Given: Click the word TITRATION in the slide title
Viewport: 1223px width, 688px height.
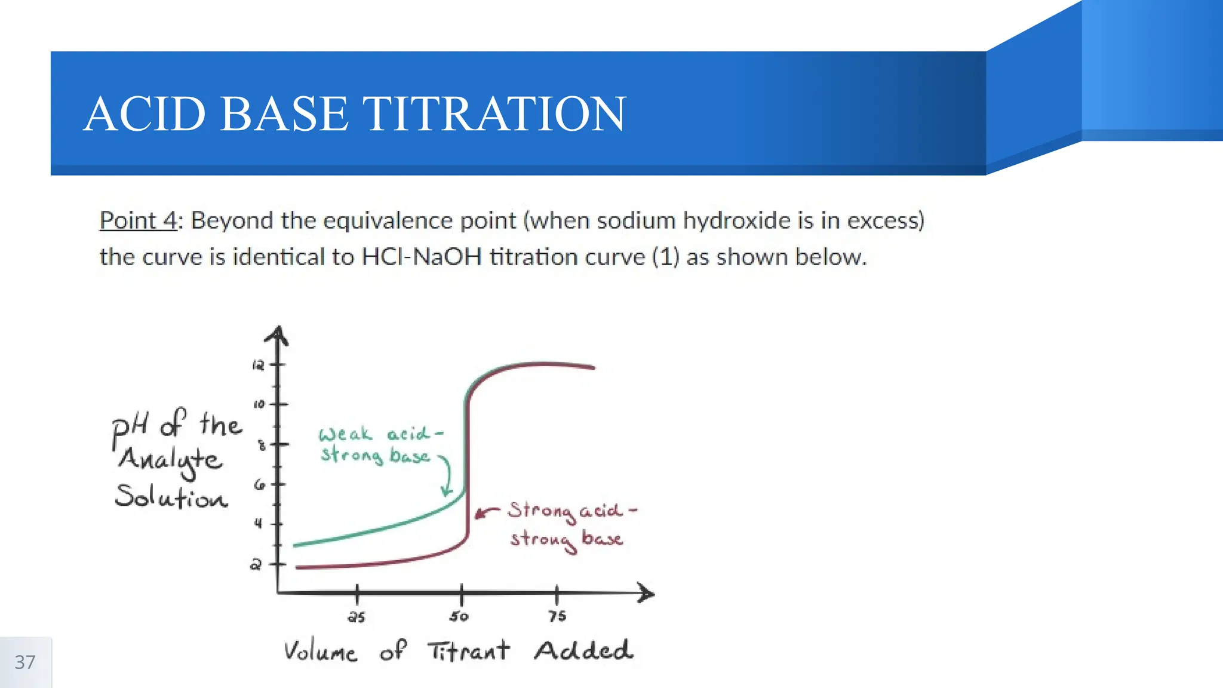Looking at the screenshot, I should pyautogui.click(x=494, y=113).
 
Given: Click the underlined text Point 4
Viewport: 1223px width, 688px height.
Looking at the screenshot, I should pyautogui.click(x=139, y=220).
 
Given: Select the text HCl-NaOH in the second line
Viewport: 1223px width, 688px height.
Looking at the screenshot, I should pyautogui.click(x=422, y=257).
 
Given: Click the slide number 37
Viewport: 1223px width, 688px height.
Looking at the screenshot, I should pyautogui.click(x=25, y=662).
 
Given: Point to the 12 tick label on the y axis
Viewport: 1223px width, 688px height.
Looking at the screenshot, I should pyautogui.click(x=258, y=365).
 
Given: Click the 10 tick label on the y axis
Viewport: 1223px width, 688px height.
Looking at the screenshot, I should pyautogui.click(x=259, y=404).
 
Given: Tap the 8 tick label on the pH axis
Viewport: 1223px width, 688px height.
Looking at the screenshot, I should pyautogui.click(x=261, y=445).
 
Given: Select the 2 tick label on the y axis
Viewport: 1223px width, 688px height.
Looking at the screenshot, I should pyautogui.click(x=256, y=564).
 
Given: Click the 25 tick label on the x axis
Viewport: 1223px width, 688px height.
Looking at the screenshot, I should pyautogui.click(x=357, y=617).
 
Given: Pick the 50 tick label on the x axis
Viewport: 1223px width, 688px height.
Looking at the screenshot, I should pyautogui.click(x=459, y=616).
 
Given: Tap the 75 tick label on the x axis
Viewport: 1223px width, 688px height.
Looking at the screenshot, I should pyautogui.click(x=557, y=616).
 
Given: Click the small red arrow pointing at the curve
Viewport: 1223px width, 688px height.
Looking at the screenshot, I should pyautogui.click(x=486, y=512).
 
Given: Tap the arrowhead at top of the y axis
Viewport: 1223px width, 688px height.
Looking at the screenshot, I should pyautogui.click(x=277, y=335).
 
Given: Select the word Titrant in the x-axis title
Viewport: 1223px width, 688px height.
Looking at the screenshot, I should pyautogui.click(x=469, y=650).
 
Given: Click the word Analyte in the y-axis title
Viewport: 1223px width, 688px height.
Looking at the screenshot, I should pyautogui.click(x=171, y=460).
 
